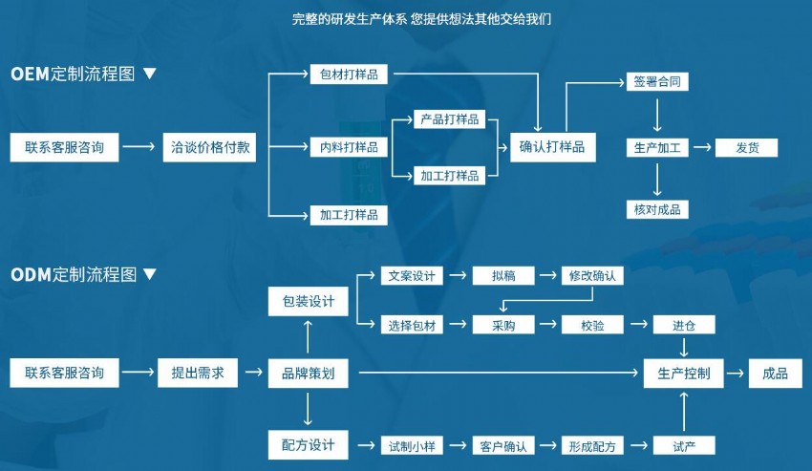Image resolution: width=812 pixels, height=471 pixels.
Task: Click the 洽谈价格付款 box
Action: [x=209, y=148]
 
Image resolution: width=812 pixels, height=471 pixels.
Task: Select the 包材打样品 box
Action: [x=349, y=75]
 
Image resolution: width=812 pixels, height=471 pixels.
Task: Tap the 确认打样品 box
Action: [x=551, y=148]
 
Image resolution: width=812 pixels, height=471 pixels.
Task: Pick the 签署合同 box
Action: [x=657, y=82]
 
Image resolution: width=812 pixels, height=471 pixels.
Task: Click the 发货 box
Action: [x=747, y=148]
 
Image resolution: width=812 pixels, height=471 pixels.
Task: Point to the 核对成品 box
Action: [x=657, y=209]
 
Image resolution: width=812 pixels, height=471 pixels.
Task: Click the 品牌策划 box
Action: [x=308, y=374]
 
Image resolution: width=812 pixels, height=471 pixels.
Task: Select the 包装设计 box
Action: [x=308, y=302]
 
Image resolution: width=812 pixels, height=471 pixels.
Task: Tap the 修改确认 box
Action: [x=592, y=276]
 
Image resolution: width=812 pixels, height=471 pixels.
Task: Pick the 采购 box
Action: [x=503, y=325]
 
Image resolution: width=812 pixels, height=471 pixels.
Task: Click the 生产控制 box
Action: [x=684, y=374]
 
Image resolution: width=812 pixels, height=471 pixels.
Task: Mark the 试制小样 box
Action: [x=411, y=446]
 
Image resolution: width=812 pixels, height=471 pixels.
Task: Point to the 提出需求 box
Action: [x=197, y=374]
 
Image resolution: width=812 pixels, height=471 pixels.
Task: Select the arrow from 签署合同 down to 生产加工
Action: [x=657, y=114]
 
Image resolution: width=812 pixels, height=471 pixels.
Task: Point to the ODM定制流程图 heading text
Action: [x=75, y=275]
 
